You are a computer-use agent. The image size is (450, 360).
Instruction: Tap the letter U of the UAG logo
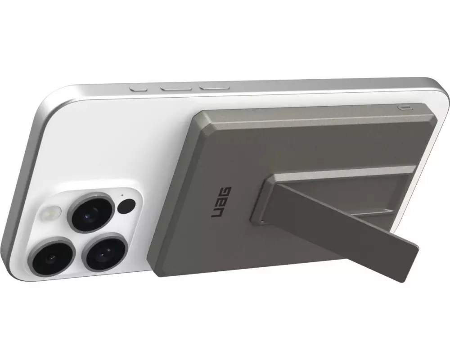216,211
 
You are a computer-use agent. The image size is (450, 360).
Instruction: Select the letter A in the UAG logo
221,202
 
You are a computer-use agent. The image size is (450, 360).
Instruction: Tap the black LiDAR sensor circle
126,206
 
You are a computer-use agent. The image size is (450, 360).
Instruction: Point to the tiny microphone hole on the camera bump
122,195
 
